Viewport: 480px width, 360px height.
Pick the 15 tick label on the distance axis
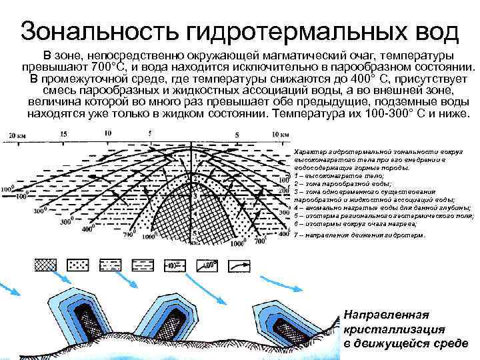coord(63,134)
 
